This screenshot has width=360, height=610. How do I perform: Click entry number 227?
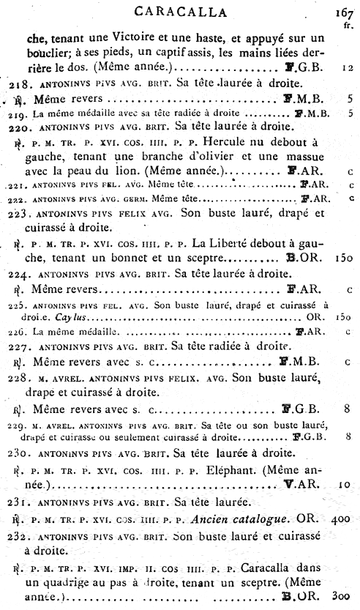pyautogui.click(x=19, y=343)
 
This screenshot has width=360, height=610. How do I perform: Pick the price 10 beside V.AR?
pyautogui.click(x=345, y=485)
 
